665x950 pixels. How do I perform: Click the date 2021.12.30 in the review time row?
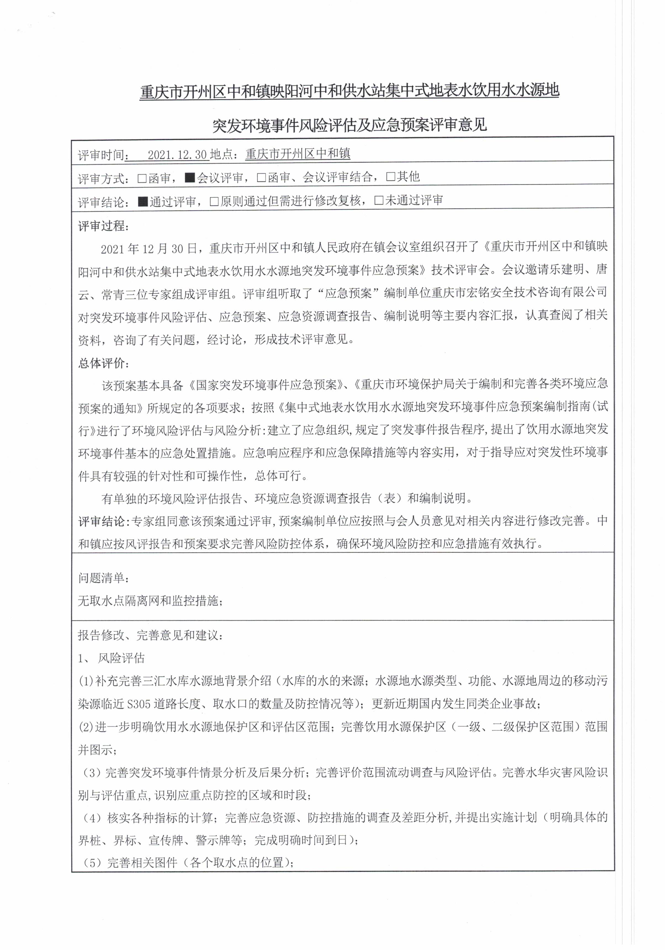(177, 155)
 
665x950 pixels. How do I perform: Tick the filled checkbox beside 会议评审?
(190, 178)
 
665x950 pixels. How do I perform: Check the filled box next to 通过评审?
(143, 201)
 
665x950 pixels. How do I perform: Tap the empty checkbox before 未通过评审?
(378, 201)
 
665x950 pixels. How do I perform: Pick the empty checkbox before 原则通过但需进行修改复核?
(214, 201)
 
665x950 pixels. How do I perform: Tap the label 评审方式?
(101, 179)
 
